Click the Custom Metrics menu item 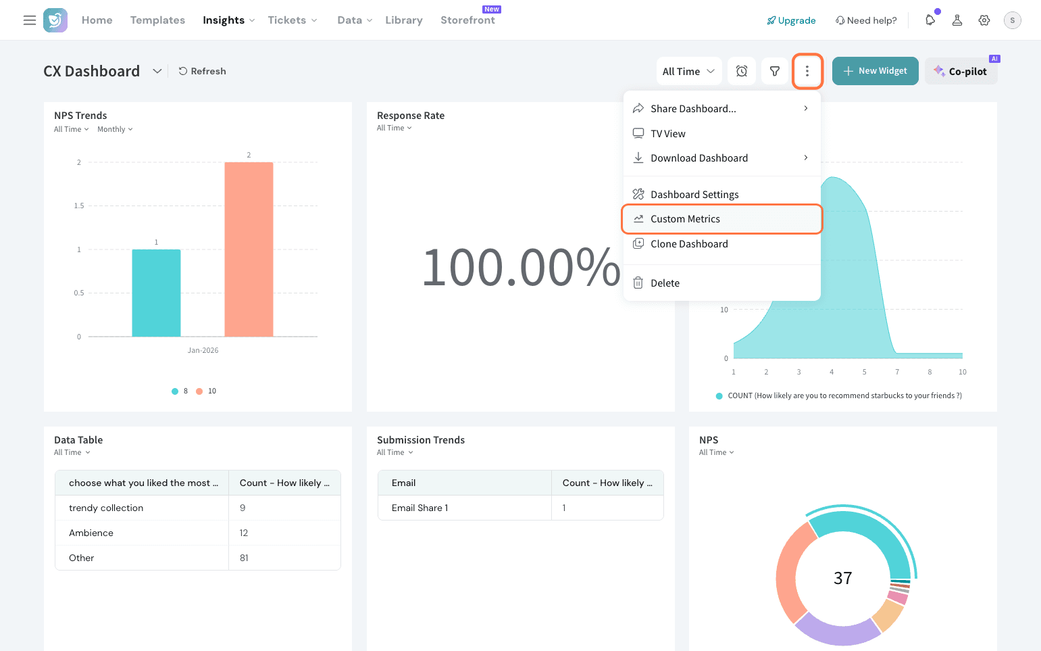pos(685,219)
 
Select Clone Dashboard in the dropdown pos(689,244)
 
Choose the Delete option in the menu pos(665,283)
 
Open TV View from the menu pos(667,134)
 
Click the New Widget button pos(875,71)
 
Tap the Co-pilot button pos(961,72)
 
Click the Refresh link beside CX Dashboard pos(202,71)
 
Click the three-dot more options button pos(807,71)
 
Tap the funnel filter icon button pos(775,71)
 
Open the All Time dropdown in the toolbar pos(688,71)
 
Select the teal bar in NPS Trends pos(156,293)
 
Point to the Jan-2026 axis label pos(203,350)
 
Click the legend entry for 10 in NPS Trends pos(207,391)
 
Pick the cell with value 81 pos(244,558)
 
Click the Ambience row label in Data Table pos(91,533)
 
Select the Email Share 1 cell pos(420,508)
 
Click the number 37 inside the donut pos(842,578)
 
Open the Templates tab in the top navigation pos(157,20)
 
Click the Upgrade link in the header pos(791,20)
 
